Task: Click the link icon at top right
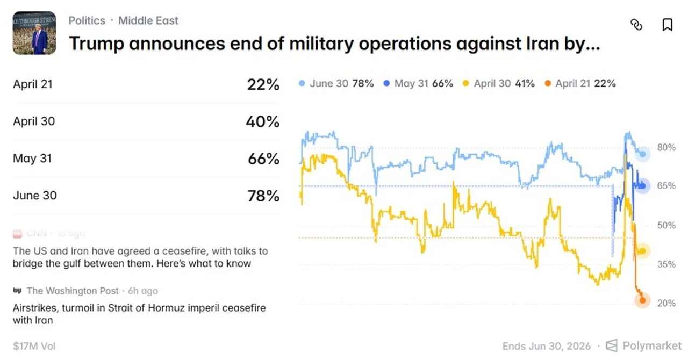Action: (636, 25)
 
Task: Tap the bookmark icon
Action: (667, 25)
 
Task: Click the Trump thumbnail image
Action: (34, 33)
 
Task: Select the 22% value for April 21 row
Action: (263, 84)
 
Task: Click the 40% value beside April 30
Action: (263, 121)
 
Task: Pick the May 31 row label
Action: (33, 159)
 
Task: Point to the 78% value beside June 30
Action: (263, 196)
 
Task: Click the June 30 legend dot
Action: (302, 83)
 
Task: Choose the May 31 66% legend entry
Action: (418, 83)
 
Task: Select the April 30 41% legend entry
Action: (499, 83)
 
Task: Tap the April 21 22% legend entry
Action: (580, 83)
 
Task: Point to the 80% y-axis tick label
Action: (666, 147)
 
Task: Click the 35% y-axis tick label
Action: (666, 264)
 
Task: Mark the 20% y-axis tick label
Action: (666, 303)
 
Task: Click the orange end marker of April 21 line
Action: (642, 301)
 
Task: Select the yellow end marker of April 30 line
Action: (642, 251)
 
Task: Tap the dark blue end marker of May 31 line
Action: (643, 186)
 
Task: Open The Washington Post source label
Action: (73, 291)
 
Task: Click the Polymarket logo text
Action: (651, 345)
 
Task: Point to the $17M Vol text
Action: (34, 346)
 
